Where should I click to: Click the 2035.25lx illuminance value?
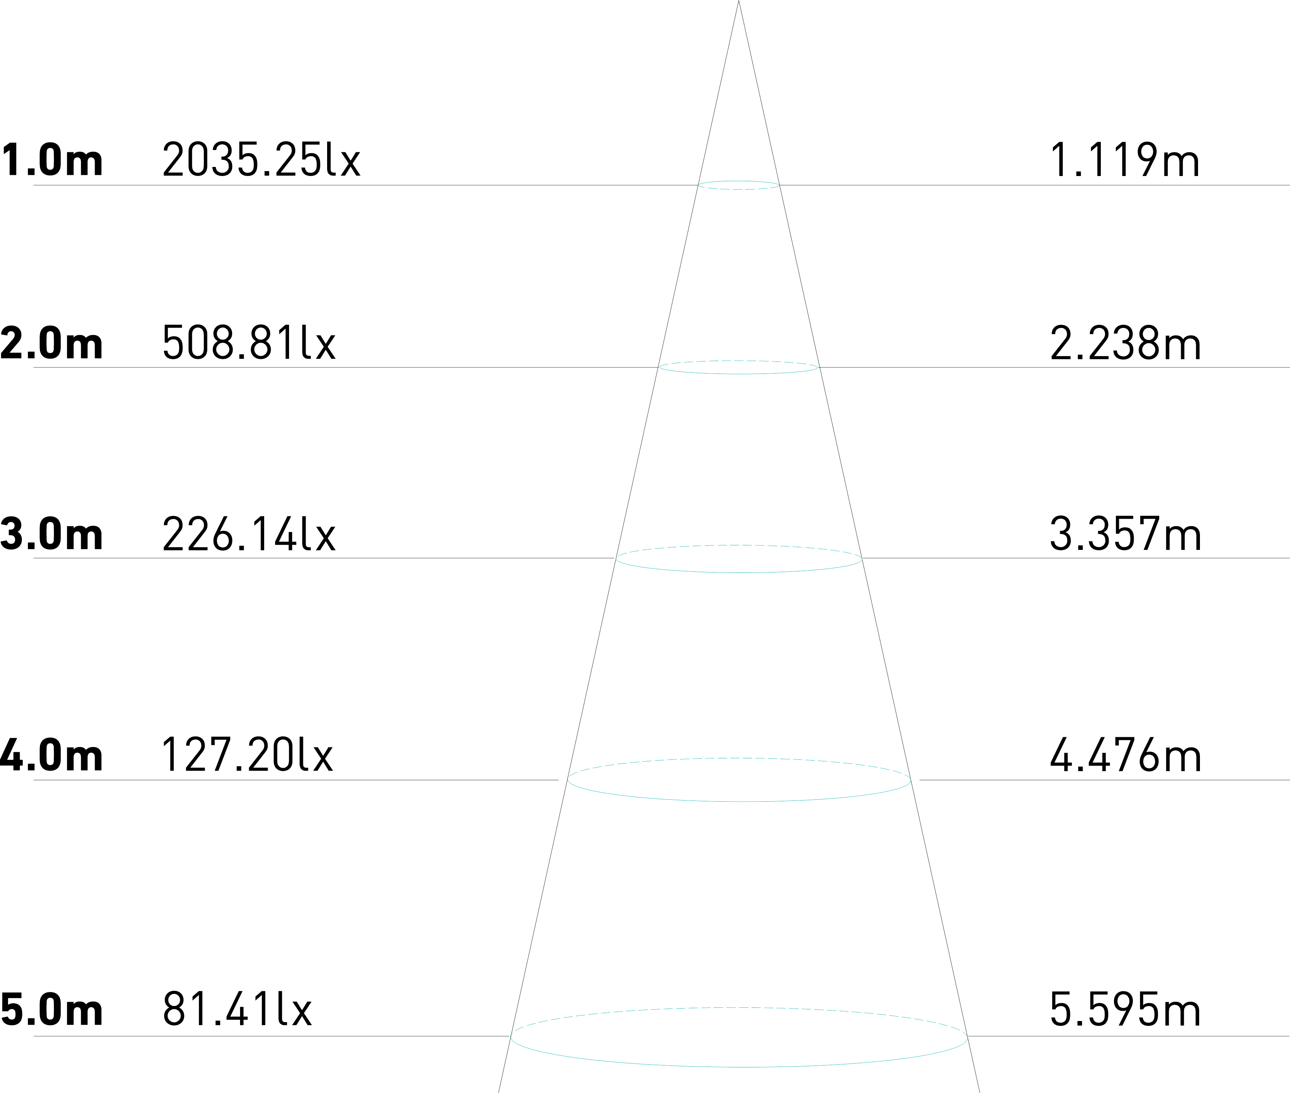[261, 160]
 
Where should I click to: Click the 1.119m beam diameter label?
[1124, 160]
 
